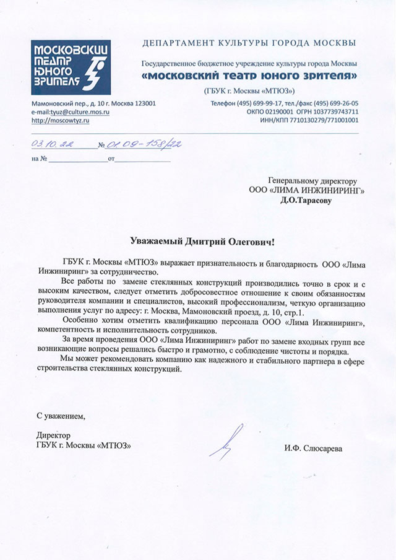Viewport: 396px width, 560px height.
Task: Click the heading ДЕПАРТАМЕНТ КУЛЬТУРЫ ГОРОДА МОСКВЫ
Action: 249,43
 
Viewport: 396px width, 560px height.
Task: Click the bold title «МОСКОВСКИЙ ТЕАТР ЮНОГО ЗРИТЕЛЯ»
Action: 249,75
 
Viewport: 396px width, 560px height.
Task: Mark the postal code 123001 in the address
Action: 142,103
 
